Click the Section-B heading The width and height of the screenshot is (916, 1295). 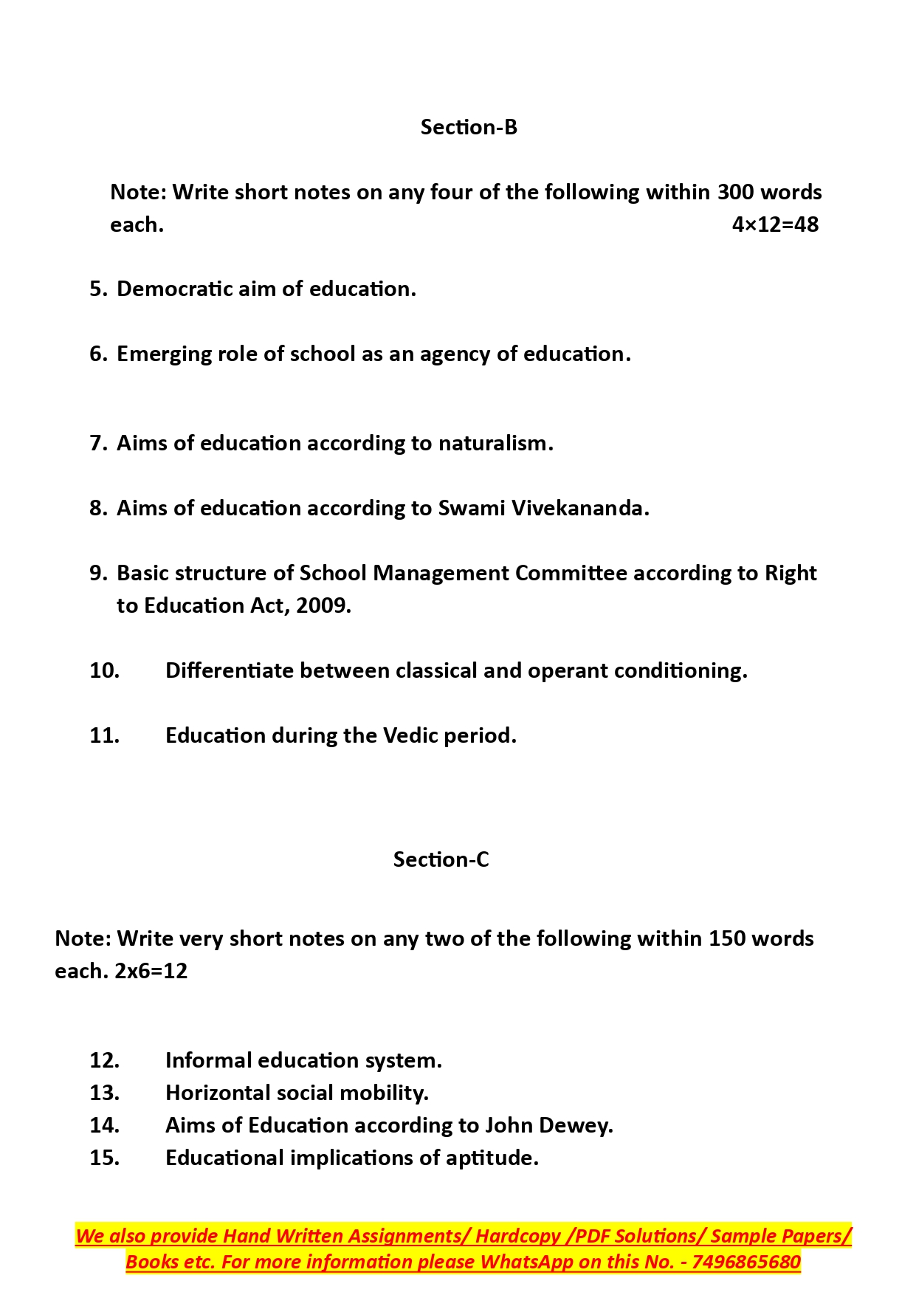tap(469, 127)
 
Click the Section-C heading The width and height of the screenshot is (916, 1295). tap(441, 859)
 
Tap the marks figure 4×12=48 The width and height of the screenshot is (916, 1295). tap(775, 224)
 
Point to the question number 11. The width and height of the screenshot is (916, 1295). tap(104, 735)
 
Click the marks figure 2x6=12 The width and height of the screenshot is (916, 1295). tap(151, 971)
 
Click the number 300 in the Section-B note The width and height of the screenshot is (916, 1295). tap(735, 192)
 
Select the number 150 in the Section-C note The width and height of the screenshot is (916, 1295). tap(726, 938)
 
